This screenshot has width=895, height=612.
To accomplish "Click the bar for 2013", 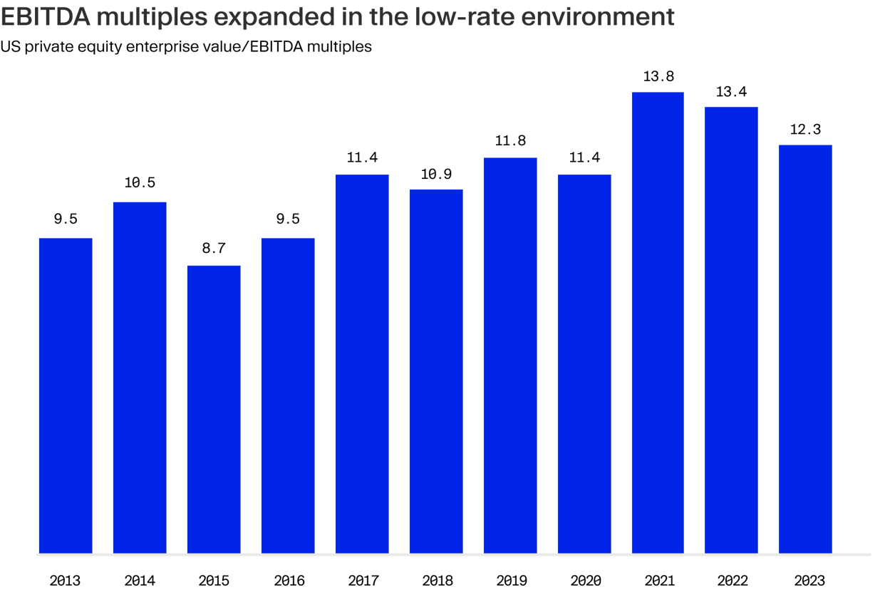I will (x=66, y=395).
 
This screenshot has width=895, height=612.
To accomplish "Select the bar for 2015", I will (x=214, y=409).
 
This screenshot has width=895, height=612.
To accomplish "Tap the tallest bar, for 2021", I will (x=658, y=323).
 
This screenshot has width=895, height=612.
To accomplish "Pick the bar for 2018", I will (x=436, y=371).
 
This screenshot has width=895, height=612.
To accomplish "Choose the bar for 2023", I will (x=805, y=349).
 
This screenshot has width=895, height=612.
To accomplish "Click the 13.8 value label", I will (x=658, y=76).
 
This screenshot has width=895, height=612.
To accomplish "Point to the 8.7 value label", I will (x=214, y=249).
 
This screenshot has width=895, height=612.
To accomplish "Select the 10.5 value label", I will (x=140, y=183).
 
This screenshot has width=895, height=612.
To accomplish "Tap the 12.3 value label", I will (x=805, y=129).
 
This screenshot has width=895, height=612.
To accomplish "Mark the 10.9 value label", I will (x=436, y=173).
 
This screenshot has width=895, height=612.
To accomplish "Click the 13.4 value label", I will (x=731, y=91).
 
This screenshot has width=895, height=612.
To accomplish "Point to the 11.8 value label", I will (x=509, y=141).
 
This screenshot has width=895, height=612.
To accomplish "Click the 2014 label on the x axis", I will (x=140, y=581).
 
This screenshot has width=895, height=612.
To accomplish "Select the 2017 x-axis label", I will (x=363, y=581).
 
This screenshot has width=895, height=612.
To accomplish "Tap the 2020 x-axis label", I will (x=585, y=581).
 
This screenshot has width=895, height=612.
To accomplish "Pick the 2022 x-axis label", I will (x=733, y=581).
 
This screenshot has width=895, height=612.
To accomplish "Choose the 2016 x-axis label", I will (x=288, y=581).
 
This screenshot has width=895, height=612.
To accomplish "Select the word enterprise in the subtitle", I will (x=189, y=47).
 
